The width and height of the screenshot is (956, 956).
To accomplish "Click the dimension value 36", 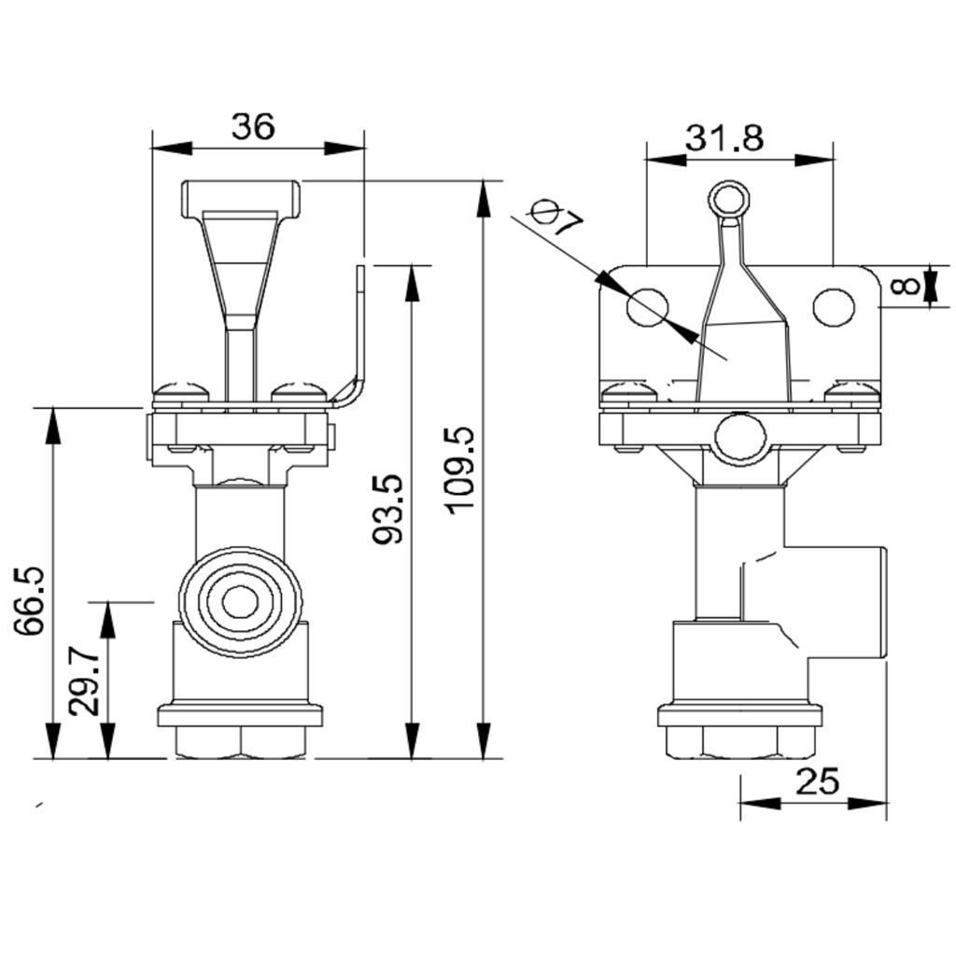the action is [x=253, y=126].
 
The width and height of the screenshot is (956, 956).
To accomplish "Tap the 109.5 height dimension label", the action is [x=461, y=471].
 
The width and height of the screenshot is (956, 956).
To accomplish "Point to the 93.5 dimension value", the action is [x=387, y=509].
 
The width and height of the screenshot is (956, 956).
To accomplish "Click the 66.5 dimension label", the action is [x=29, y=601].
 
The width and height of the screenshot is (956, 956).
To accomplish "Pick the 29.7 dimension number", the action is [x=83, y=682].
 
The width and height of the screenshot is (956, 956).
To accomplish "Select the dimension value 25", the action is [x=817, y=780].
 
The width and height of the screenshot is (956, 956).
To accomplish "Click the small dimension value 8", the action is [x=905, y=285].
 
